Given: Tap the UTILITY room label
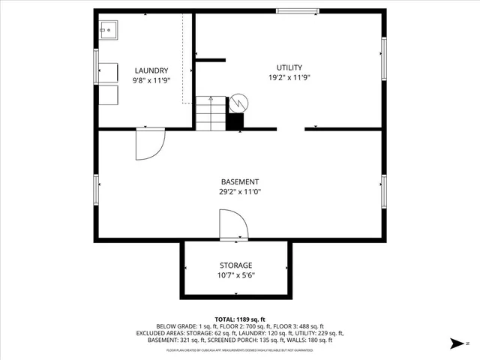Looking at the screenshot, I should [289, 67].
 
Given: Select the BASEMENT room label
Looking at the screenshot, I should [240, 181].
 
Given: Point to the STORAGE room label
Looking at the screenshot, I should [235, 265].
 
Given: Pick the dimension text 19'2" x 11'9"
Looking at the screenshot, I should [289, 77].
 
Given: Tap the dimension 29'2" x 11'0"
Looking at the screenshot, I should [240, 191].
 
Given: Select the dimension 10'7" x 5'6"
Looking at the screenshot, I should [235, 275].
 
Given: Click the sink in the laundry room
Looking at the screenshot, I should [109, 30].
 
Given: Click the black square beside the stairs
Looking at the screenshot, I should [235, 121].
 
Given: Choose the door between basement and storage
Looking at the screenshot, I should [232, 225].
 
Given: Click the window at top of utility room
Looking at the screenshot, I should [295, 10].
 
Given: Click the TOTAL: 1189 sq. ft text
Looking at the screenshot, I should [240, 319].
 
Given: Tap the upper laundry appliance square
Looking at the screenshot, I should [109, 72].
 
